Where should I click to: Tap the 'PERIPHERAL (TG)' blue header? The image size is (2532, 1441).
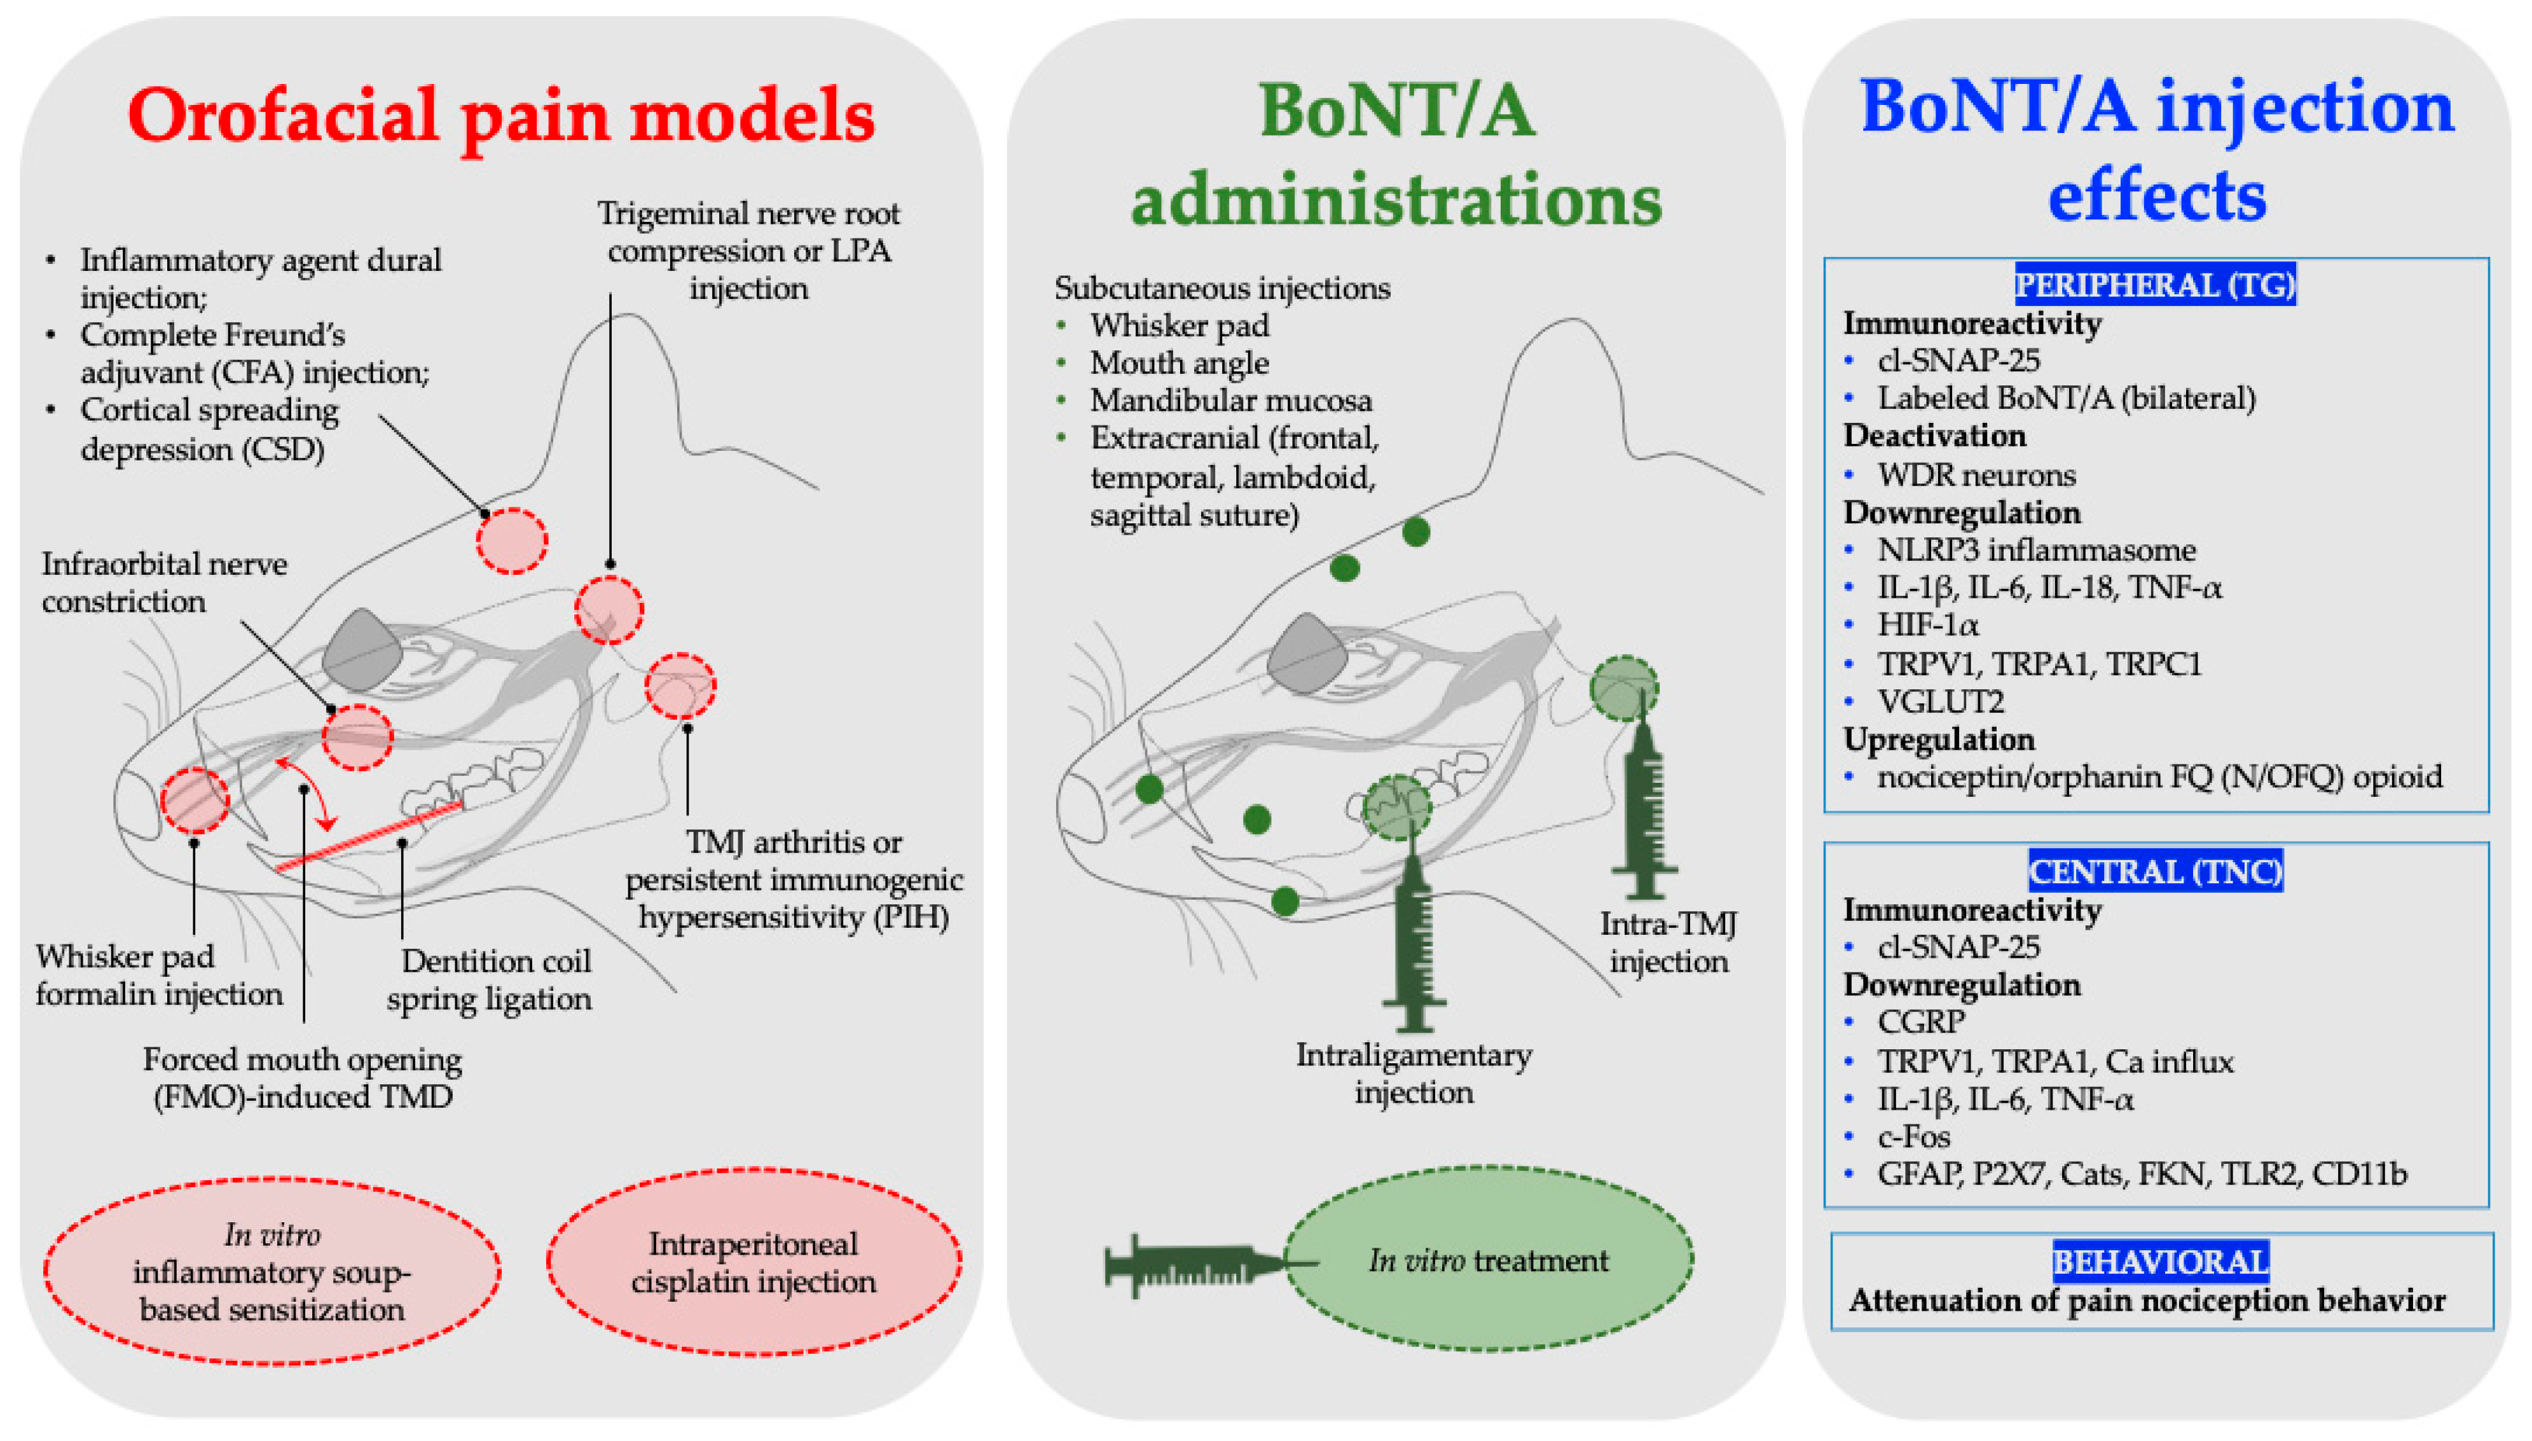coord(2154,285)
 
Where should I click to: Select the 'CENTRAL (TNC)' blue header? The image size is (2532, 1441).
coord(2154,871)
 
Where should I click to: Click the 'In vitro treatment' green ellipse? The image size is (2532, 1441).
coord(1488,1260)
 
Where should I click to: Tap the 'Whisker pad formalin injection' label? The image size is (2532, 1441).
coord(158,975)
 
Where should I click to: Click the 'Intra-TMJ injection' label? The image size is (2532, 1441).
coord(1669,942)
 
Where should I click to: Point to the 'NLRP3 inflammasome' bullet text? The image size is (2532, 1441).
coord(2035,549)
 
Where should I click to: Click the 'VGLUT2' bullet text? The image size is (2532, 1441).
coord(1939,701)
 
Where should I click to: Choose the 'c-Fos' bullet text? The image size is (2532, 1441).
coord(1913,1136)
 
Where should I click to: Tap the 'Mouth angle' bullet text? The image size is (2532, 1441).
coord(1178,363)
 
